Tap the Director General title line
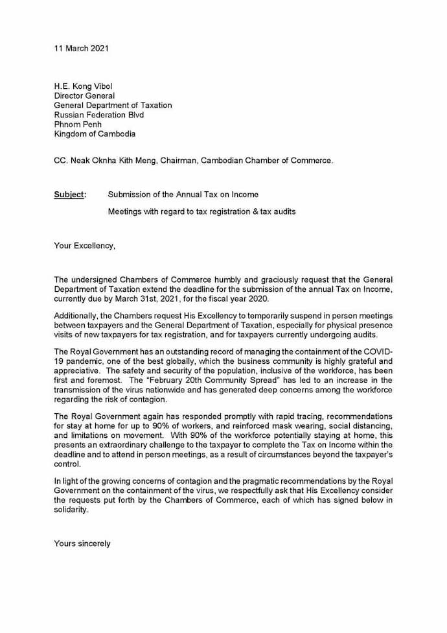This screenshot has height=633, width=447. pos(84,95)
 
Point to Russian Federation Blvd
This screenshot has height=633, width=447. pos(98,115)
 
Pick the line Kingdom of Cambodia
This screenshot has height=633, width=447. pos(95,134)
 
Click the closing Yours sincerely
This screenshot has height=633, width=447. pos(82,543)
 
